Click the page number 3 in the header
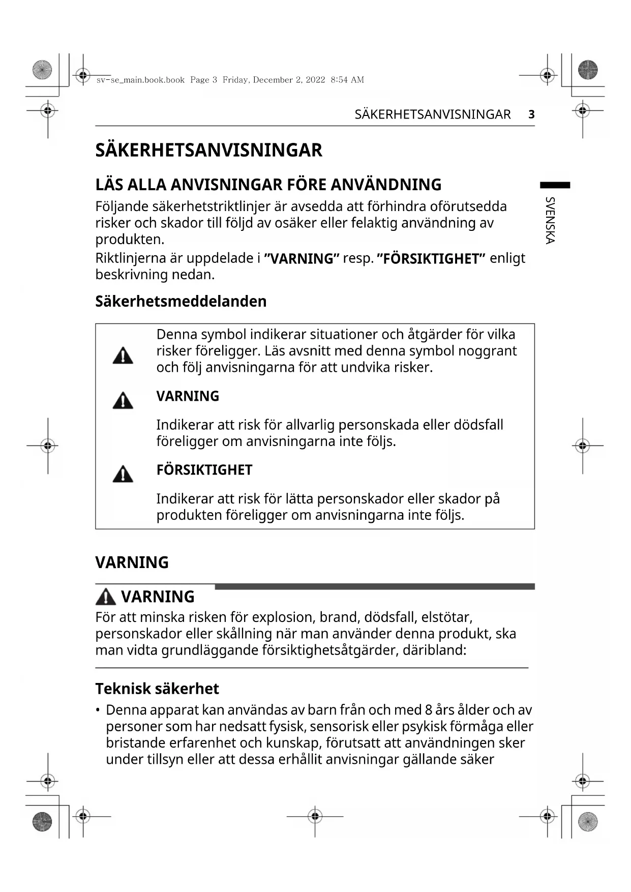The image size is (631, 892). (531, 114)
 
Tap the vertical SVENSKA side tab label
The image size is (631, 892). (550, 220)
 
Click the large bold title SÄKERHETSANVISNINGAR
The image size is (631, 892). (208, 151)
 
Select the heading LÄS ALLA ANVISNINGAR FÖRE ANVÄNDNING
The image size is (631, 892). (268, 185)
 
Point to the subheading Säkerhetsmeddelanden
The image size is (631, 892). (181, 301)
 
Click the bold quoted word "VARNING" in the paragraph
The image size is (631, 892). (302, 258)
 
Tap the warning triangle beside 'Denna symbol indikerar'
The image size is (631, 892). (123, 355)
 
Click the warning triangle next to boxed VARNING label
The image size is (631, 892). (123, 401)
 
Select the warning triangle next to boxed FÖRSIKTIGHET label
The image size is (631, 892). (123, 474)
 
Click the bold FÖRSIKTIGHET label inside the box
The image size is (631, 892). (204, 470)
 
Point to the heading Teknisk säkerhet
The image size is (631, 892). (157, 689)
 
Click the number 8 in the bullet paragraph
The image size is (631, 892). (429, 710)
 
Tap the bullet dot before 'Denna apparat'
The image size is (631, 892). (98, 710)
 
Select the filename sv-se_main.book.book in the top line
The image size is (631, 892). (140, 80)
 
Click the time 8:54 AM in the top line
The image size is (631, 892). (347, 80)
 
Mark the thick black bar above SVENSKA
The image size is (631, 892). (555, 185)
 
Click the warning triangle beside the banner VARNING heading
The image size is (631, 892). (106, 597)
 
